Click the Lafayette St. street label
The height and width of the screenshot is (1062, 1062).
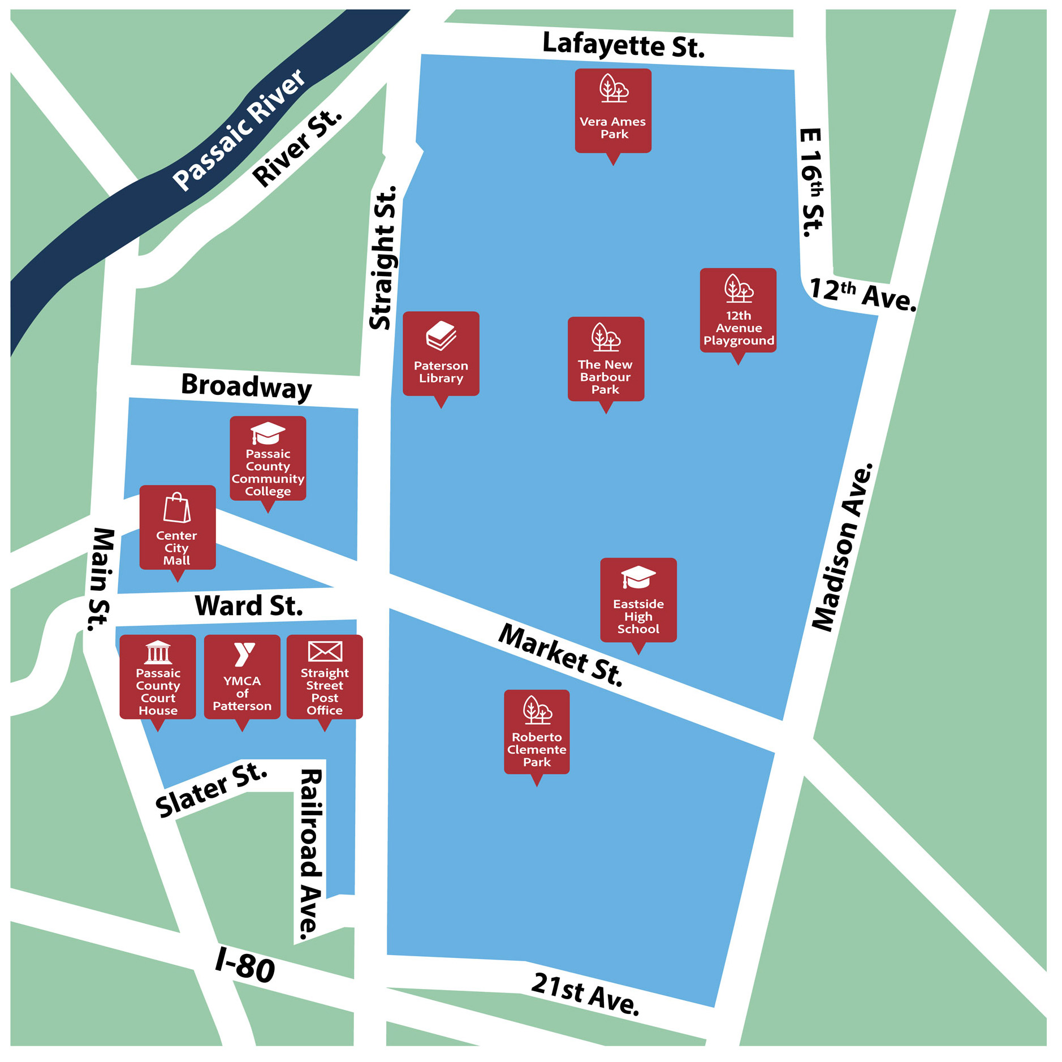point(623,45)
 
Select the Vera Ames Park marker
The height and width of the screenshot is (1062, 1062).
point(613,111)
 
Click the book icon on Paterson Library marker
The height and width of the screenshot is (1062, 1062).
point(441,336)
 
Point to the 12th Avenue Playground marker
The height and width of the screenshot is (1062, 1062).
point(738,311)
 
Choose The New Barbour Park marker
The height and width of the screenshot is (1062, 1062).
point(606,359)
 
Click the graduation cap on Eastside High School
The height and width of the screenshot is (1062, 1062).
point(638,577)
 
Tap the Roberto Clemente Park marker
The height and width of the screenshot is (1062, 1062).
point(537,732)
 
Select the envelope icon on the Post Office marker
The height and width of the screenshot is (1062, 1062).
point(325,651)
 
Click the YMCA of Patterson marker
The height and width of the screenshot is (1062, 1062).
point(242,677)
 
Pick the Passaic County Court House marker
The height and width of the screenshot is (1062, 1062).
point(158,677)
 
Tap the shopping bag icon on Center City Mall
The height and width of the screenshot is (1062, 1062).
point(177,508)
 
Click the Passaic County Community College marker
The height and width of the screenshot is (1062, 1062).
point(268,459)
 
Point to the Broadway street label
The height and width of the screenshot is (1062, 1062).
point(247,386)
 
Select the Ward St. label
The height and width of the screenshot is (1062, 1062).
point(249,606)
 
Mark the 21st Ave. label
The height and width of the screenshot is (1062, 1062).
point(585,994)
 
